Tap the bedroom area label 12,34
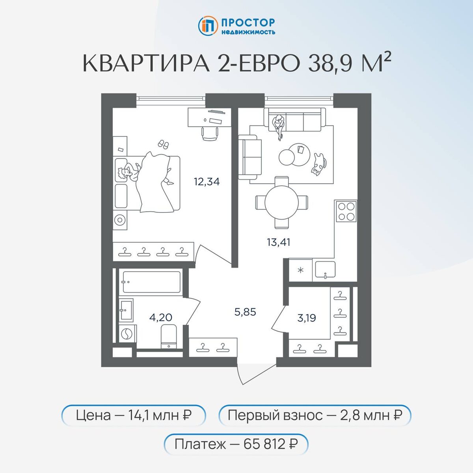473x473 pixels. click(207, 182)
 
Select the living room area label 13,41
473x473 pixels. click(278, 242)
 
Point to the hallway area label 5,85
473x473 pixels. click(245, 312)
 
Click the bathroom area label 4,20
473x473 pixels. click(160, 317)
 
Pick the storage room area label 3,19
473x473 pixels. click(306, 318)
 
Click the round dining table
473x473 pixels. click(281, 202)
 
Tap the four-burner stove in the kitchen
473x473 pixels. click(346, 211)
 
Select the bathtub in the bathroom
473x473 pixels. click(151, 282)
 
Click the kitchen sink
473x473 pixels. click(325, 270)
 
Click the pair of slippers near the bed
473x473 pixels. click(163, 144)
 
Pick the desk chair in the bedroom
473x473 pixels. click(210, 133)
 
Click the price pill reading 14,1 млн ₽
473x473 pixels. click(134, 415)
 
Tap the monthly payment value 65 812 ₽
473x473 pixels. click(270, 444)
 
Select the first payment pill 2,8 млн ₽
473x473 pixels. click(315, 415)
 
